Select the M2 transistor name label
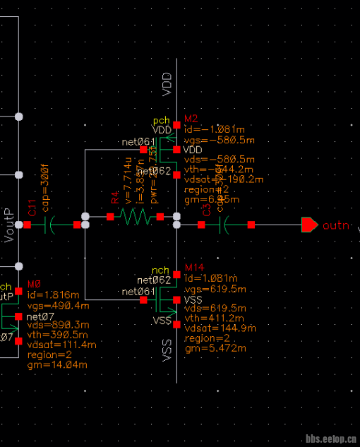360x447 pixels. pyautogui.click(x=191, y=118)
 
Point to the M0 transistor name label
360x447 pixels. pyautogui.click(x=34, y=284)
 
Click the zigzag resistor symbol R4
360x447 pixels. pyautogui.click(x=136, y=217)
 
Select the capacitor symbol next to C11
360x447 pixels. pyautogui.click(x=50, y=225)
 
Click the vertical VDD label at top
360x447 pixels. pyautogui.click(x=167, y=83)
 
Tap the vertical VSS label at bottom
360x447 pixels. pyautogui.click(x=167, y=350)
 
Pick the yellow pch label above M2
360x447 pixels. pyautogui.click(x=161, y=121)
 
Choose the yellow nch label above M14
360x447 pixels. pyautogui.click(x=161, y=270)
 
